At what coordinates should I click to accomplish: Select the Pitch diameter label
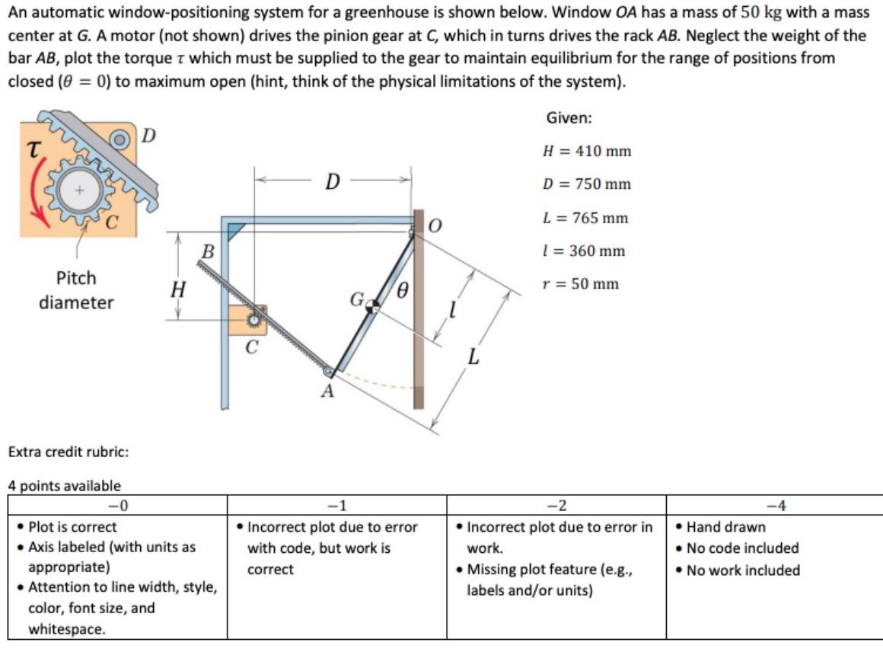(76, 290)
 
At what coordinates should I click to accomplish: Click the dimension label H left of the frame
(177, 289)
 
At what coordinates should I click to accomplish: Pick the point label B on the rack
(207, 249)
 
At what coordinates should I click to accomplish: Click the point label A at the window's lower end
(327, 391)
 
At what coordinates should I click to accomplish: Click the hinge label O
(435, 226)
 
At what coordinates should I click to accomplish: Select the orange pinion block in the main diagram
(247, 320)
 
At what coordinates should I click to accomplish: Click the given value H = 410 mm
(586, 151)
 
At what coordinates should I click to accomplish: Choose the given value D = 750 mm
(586, 184)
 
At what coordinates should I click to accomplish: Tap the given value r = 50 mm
(580, 284)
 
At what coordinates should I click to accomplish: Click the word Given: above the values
(569, 118)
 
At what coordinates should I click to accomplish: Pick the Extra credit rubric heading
(68, 452)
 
